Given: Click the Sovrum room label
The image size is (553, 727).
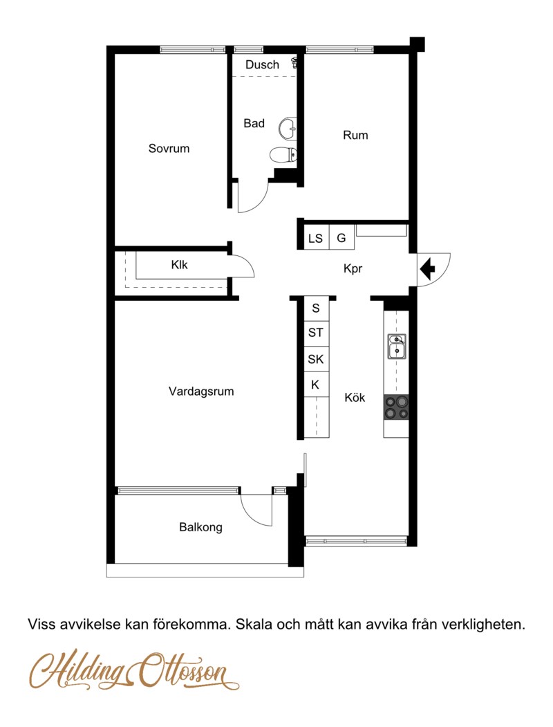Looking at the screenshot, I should [169, 149].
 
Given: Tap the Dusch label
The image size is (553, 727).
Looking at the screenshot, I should [262, 65].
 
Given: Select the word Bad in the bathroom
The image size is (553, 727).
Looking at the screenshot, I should [254, 124].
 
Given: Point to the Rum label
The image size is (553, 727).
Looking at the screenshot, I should [355, 136].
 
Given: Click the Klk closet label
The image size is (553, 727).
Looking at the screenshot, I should [180, 265].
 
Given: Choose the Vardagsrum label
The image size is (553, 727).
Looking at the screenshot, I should [201, 392].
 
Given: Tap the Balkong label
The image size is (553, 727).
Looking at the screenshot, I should [200, 527].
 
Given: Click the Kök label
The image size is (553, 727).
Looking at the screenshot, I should [355, 398].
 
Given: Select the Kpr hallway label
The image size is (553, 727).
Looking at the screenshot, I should [353, 269].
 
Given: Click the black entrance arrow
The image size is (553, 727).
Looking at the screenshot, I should [427, 267].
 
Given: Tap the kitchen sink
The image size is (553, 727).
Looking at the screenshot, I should [396, 347].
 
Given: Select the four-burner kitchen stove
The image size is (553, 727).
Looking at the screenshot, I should [396, 407].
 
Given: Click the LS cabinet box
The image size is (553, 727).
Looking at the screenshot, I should [316, 239].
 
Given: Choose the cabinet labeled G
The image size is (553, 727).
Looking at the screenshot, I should [341, 239].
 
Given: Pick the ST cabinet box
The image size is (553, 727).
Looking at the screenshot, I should [316, 333].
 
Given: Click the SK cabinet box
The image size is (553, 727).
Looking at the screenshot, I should [316, 360].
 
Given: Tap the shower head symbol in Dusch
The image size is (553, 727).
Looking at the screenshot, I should [296, 63].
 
